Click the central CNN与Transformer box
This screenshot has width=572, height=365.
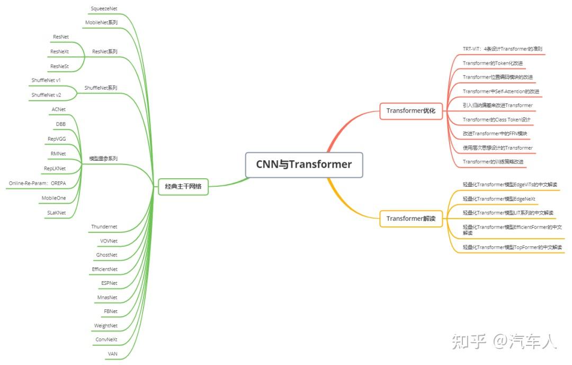click(304, 165)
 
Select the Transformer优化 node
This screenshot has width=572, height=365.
click(411, 111)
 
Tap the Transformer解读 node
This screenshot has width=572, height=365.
click(411, 219)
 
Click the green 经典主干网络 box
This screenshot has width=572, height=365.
click(183, 187)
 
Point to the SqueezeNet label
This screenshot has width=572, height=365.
click(104, 8)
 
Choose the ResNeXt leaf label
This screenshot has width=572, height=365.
click(59, 51)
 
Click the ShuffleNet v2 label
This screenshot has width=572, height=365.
click(46, 95)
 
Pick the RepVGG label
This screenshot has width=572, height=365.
click(57, 139)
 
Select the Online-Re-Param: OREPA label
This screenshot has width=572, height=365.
click(37, 183)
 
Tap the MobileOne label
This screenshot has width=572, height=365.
click(53, 198)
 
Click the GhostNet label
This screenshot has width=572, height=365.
click(106, 255)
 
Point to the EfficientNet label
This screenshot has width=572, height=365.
click(105, 270)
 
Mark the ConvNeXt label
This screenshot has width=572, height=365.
click(106, 340)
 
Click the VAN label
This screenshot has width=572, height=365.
click(112, 354)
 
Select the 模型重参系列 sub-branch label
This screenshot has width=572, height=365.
click(103, 159)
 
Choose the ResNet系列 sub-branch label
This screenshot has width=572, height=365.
click(105, 51)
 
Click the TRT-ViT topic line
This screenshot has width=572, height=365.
click(502, 49)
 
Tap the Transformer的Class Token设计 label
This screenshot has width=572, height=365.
click(496, 119)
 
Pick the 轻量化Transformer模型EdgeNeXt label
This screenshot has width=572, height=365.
click(499, 199)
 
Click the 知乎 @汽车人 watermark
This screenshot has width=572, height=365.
click(505, 342)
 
